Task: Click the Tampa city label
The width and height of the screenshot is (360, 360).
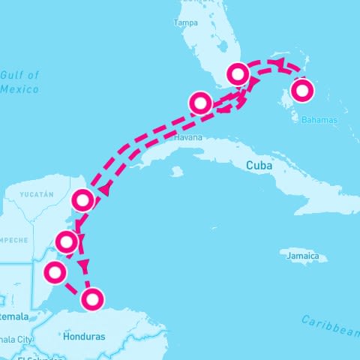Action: pyautogui.click(x=185, y=23)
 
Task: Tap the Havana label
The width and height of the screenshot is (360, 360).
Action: pyautogui.click(x=187, y=139)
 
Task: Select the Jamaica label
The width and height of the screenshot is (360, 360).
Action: pyautogui.click(x=304, y=256)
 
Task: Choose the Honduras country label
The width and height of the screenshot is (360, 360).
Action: pyautogui.click(x=85, y=336)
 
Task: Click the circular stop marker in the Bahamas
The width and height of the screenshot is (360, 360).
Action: pyautogui.click(x=302, y=91)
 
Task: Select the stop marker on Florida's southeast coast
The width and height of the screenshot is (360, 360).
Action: pyautogui.click(x=238, y=73)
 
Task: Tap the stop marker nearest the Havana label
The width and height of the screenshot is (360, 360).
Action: pyautogui.click(x=200, y=102)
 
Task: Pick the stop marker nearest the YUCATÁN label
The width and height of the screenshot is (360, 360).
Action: pyautogui.click(x=83, y=200)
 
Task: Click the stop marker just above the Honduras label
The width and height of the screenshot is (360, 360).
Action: pyautogui.click(x=91, y=299)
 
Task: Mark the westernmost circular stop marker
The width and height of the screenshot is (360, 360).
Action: pyautogui.click(x=54, y=272)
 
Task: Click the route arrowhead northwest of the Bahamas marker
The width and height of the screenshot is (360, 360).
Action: pyautogui.click(x=279, y=64)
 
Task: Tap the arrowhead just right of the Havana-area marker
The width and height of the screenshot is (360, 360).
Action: pyautogui.click(x=224, y=109)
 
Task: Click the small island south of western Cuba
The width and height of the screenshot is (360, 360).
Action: pyautogui.click(x=177, y=172)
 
